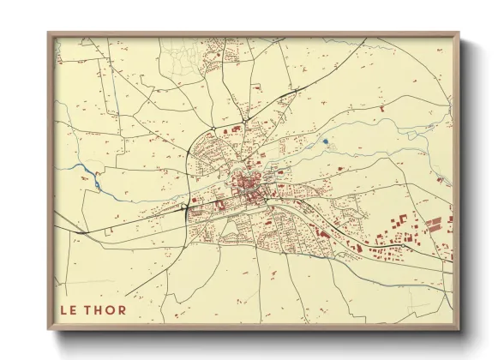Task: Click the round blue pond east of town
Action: tap(325, 141)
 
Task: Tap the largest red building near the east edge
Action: tap(434, 226)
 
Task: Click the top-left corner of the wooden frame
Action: tap(49, 34)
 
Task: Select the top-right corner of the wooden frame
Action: tap(457, 34)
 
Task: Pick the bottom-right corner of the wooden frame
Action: tap(457, 329)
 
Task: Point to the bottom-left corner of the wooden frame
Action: tap(49, 329)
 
